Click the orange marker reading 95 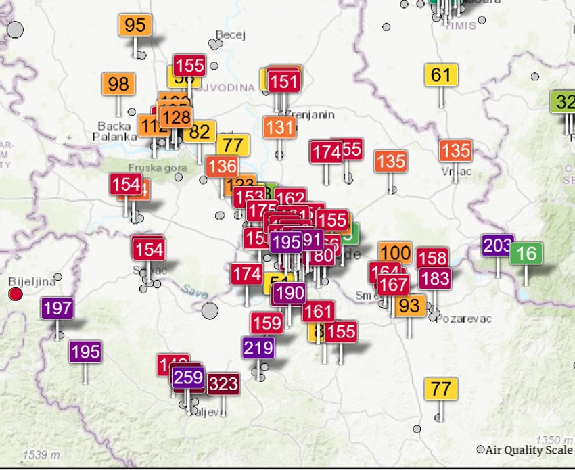[x=135, y=26]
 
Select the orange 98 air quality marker [x=118, y=84]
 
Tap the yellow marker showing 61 [x=440, y=74]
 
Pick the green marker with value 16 [x=526, y=254]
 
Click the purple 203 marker [x=497, y=245]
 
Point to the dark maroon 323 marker [x=223, y=384]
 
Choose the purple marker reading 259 [x=188, y=377]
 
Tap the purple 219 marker [x=258, y=348]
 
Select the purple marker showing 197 [x=57, y=308]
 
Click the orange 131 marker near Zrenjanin [x=279, y=127]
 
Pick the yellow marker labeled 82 [x=200, y=131]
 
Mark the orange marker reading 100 [x=395, y=253]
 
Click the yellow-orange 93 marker [x=409, y=305]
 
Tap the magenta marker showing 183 [x=434, y=278]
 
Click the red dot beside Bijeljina [x=15, y=294]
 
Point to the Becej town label [x=230, y=34]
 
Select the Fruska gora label [x=149, y=167]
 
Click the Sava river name [x=195, y=290]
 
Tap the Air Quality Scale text [x=528, y=450]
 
